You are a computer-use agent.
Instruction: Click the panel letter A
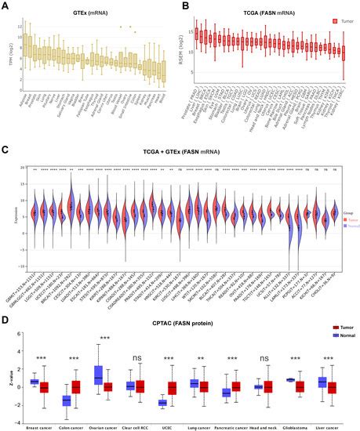[x=6, y=5]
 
